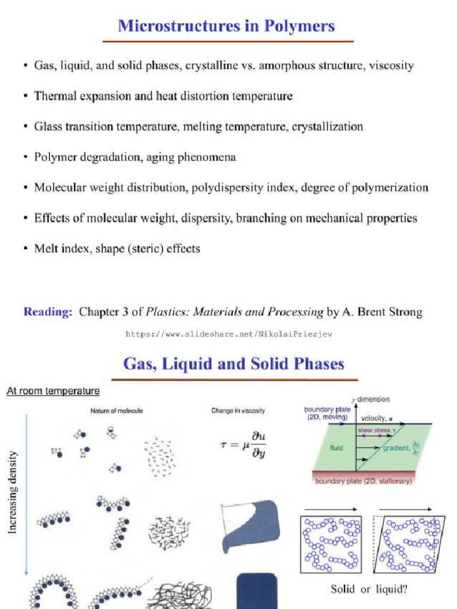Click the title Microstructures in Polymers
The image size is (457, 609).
(x=226, y=26)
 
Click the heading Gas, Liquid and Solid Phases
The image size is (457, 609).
(x=233, y=364)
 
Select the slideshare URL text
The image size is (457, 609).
(x=229, y=334)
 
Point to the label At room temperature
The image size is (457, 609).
(x=53, y=391)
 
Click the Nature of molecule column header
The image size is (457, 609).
(x=116, y=410)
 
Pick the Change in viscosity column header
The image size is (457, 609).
(x=238, y=410)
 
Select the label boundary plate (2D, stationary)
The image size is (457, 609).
(x=363, y=482)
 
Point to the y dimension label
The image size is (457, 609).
(x=371, y=400)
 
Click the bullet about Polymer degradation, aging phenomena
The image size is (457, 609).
(x=135, y=157)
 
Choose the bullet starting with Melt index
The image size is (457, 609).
(x=117, y=249)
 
